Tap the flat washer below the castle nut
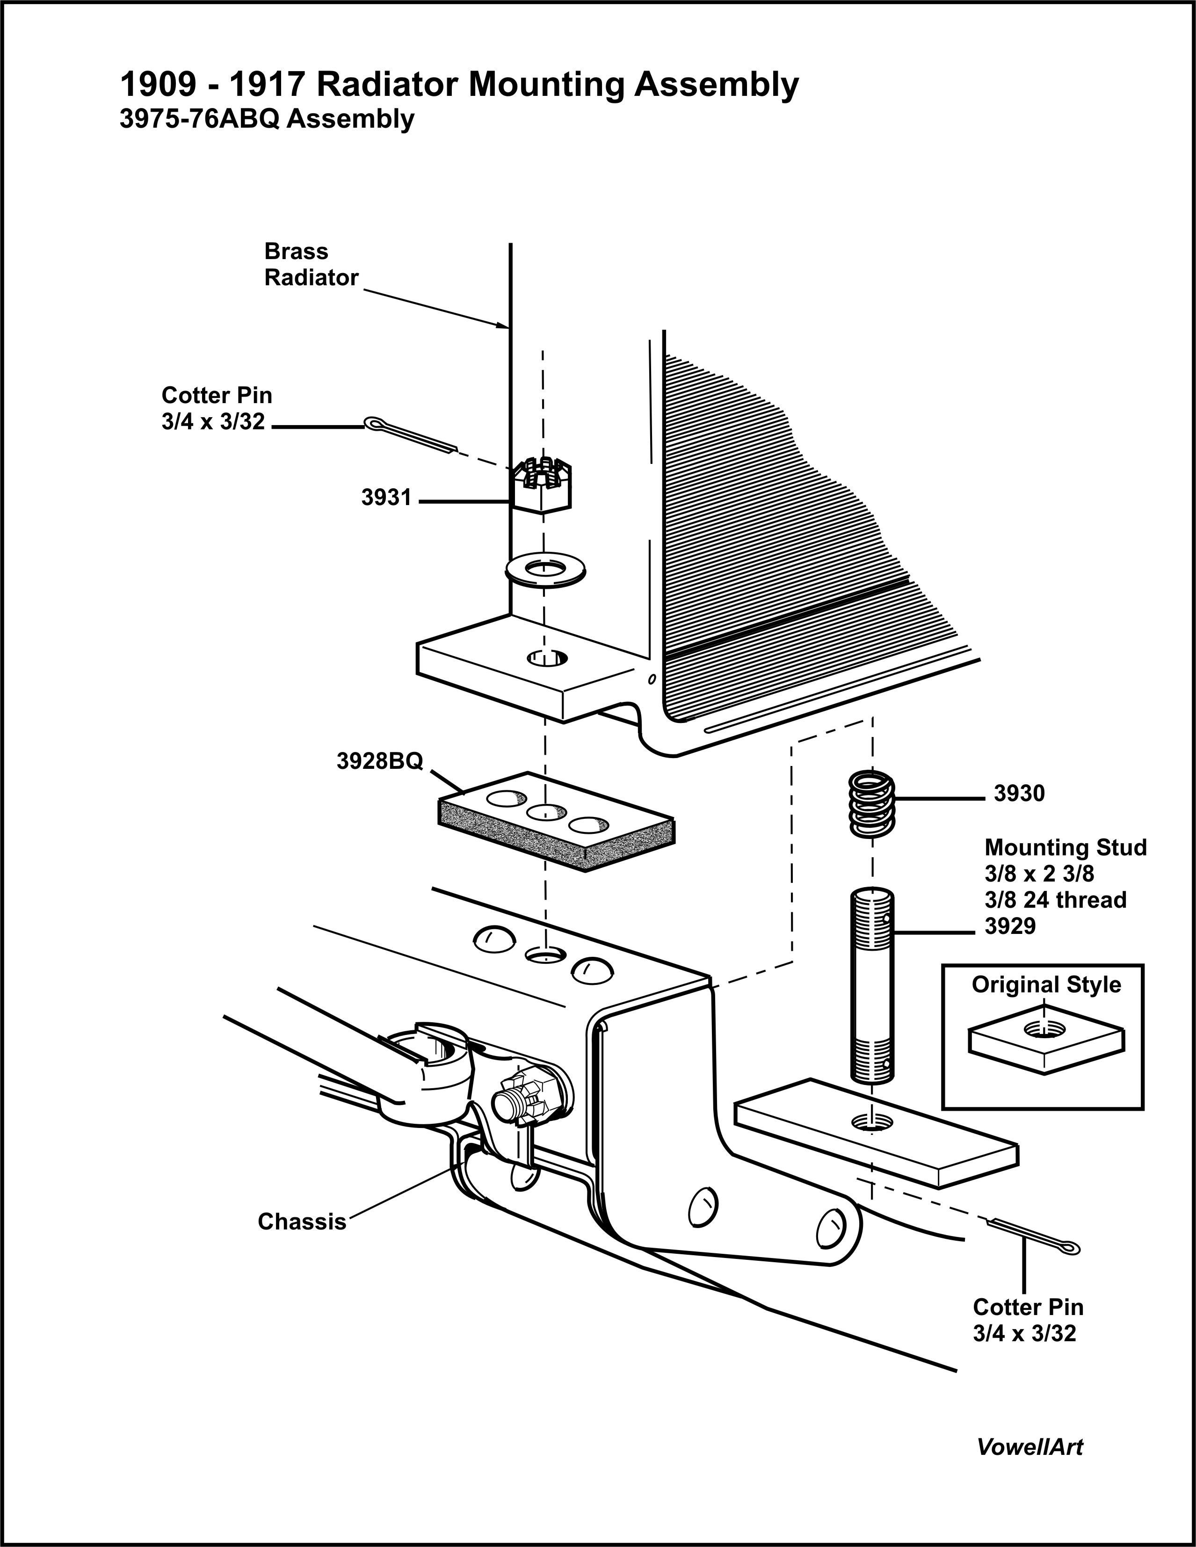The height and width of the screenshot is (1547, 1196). (544, 569)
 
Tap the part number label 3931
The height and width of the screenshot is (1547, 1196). (386, 498)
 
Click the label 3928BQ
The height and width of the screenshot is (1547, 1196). (380, 761)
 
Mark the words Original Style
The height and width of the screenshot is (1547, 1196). (1046, 984)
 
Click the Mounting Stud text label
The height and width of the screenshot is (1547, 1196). (1065, 847)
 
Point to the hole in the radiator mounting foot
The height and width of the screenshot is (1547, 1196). (547, 658)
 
